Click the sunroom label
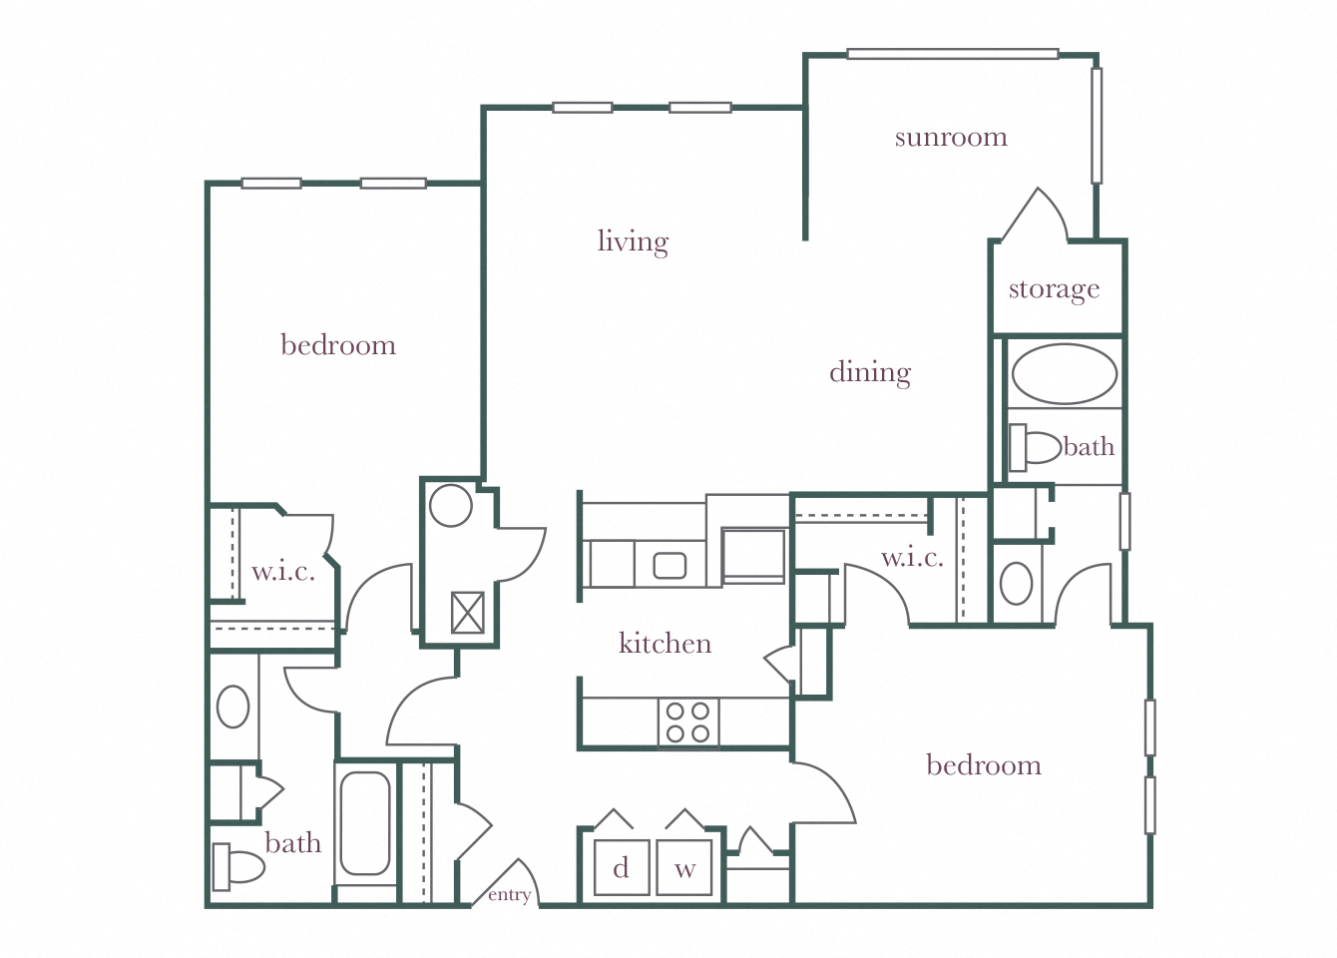(x=950, y=137)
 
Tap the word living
(x=633, y=241)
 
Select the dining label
(x=869, y=372)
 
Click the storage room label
(x=1054, y=289)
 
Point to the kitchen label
(x=665, y=643)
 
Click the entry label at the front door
(x=509, y=895)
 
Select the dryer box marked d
(x=621, y=868)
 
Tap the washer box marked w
(x=684, y=868)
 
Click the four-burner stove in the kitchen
(x=687, y=722)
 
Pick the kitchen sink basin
(x=669, y=566)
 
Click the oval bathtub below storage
(x=1065, y=374)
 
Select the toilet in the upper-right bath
(x=1035, y=448)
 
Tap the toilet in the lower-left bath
(x=237, y=866)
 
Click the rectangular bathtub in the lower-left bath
(x=365, y=823)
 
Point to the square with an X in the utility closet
(x=467, y=613)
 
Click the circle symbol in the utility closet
(x=450, y=506)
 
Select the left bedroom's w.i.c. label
(x=283, y=572)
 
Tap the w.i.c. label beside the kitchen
(x=912, y=557)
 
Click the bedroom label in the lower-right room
(x=983, y=765)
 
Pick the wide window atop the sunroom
(x=952, y=54)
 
